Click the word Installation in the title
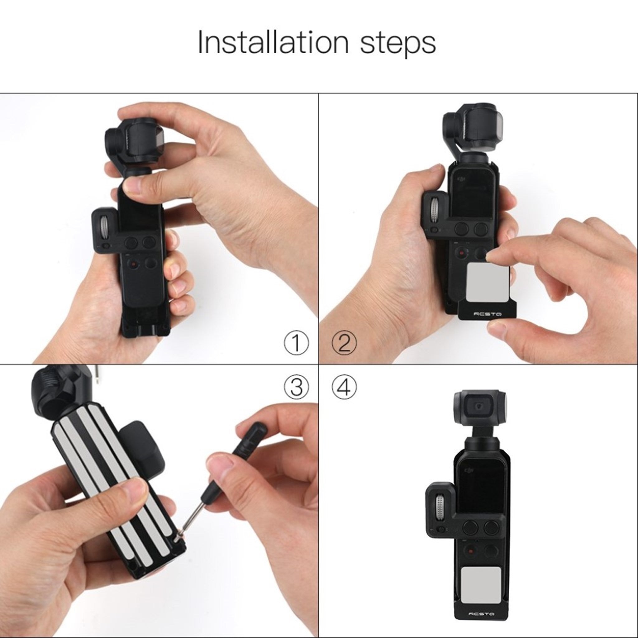[x=273, y=43]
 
